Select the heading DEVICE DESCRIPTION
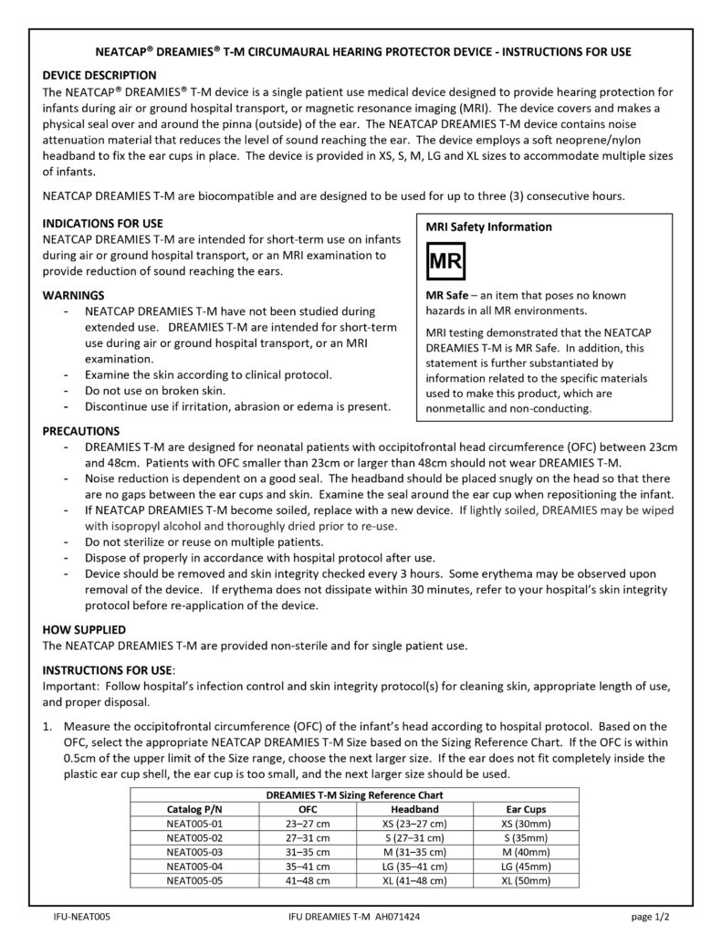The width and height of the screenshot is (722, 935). (x=99, y=75)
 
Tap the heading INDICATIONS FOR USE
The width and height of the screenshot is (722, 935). (x=103, y=223)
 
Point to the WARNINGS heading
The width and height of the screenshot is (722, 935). (x=74, y=296)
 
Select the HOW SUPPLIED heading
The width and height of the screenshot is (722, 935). (x=84, y=630)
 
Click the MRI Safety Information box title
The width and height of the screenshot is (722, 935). (x=488, y=226)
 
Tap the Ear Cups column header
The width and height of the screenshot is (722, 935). (x=526, y=809)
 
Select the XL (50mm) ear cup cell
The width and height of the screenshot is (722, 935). (x=526, y=881)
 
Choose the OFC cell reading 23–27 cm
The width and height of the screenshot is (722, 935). (x=308, y=824)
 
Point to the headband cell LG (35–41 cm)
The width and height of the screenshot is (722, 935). (x=414, y=867)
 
